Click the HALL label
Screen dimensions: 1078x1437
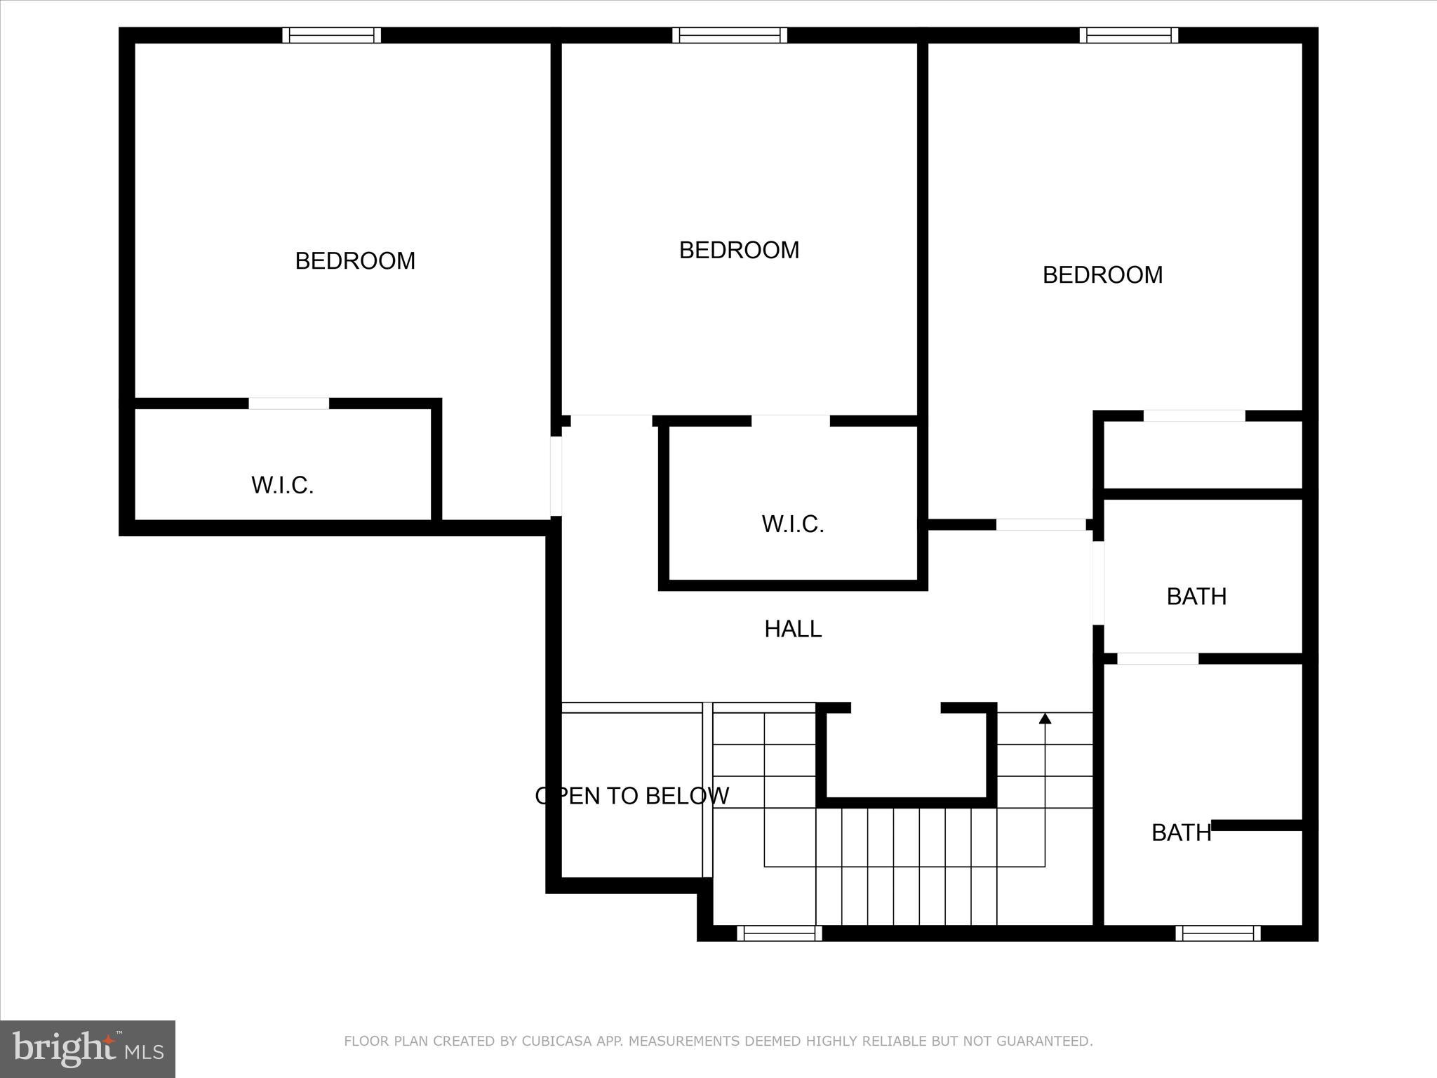coord(793,629)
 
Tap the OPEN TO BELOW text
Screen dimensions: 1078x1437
coord(631,796)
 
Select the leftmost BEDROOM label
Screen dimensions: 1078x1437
coord(355,261)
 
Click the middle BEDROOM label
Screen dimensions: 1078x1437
coord(739,251)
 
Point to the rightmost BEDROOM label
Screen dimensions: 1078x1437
coord(1102,275)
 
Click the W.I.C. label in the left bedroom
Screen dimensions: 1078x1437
coord(282,486)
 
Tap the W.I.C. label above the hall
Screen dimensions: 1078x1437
coord(793,524)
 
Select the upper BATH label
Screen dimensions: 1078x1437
coord(1196,597)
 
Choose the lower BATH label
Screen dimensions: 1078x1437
coord(1181,833)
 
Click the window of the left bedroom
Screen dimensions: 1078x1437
coord(332,35)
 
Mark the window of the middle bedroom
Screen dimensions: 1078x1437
coord(730,35)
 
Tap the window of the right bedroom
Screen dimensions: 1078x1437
coord(1129,35)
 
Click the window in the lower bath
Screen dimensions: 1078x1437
coord(1218,933)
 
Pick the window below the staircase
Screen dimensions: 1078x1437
coord(779,933)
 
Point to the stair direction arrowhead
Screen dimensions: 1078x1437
coord(1045,718)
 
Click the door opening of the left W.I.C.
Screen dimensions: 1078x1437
coord(289,404)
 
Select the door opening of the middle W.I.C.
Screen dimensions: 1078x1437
coord(791,421)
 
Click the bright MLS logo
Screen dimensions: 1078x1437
coord(88,1049)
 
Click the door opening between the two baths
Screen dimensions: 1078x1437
coord(1158,658)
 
